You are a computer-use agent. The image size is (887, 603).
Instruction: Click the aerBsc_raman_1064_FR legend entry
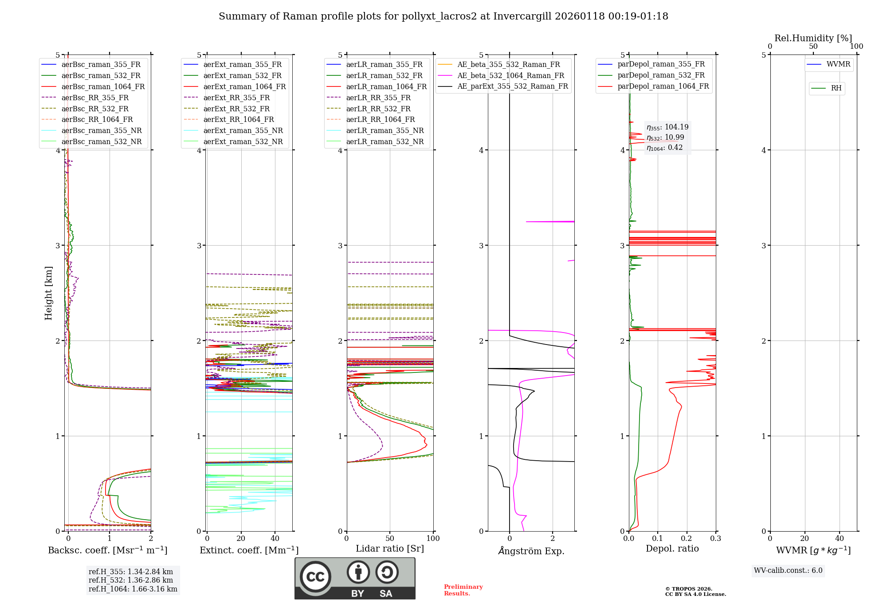103,86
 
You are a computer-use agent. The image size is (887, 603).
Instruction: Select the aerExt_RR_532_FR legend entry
236,109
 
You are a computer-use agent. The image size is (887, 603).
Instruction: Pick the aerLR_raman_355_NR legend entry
385,130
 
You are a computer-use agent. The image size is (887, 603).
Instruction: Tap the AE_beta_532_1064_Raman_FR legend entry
510,75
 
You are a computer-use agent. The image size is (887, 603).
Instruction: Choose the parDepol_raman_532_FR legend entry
661,75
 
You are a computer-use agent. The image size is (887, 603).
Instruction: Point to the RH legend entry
836,88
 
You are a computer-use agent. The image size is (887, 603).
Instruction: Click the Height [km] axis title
48,293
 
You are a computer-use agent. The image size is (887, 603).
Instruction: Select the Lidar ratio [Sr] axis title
390,548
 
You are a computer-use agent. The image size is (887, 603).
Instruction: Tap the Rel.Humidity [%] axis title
813,38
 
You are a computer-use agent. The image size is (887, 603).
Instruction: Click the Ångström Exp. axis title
531,551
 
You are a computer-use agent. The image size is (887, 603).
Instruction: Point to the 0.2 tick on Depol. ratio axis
687,539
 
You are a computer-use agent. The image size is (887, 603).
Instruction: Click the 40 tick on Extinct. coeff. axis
275,539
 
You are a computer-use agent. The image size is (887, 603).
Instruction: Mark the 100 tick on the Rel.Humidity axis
856,47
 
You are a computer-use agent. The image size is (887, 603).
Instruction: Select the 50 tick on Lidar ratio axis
390,539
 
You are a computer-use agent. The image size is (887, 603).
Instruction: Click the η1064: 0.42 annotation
664,148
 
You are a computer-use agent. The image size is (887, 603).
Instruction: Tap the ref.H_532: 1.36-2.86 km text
130,580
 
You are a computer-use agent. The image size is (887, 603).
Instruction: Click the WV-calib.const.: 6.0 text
788,571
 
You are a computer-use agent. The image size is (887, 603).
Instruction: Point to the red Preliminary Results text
463,590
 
